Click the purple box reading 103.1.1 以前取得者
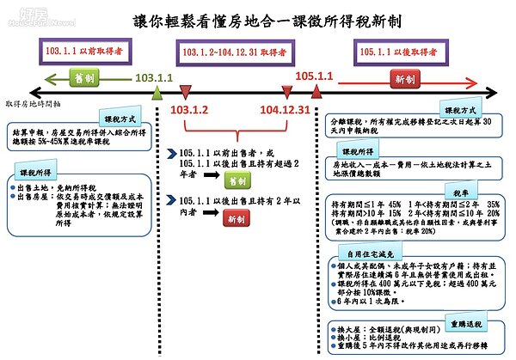click(83, 51)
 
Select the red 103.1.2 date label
click(190, 110)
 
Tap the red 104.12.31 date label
click(284, 110)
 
